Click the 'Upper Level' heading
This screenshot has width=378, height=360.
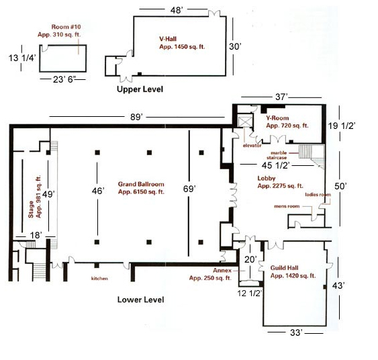click(140, 89)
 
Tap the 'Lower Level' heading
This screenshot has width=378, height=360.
click(140, 300)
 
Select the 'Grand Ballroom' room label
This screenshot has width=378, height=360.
click(141, 184)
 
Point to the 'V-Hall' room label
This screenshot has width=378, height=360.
click(168, 39)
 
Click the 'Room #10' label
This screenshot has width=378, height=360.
click(66, 27)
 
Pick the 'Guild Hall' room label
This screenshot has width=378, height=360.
click(284, 268)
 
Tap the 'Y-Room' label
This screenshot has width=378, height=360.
click(277, 118)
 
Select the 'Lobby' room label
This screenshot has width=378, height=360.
click(267, 178)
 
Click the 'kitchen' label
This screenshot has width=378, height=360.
click(99, 279)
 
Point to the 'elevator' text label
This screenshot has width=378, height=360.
click(252, 146)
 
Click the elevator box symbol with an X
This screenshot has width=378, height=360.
click(245, 121)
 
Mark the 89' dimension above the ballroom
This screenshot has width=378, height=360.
click(136, 117)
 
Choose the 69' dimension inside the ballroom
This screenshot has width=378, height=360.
click(189, 189)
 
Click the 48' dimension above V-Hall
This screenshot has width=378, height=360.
click(177, 10)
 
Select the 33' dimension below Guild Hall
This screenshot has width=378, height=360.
click(296, 332)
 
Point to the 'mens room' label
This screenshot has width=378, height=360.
click(287, 206)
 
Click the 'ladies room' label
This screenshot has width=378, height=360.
click(318, 195)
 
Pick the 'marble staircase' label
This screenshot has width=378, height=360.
click(277, 155)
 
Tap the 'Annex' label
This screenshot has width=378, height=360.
click(222, 271)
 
